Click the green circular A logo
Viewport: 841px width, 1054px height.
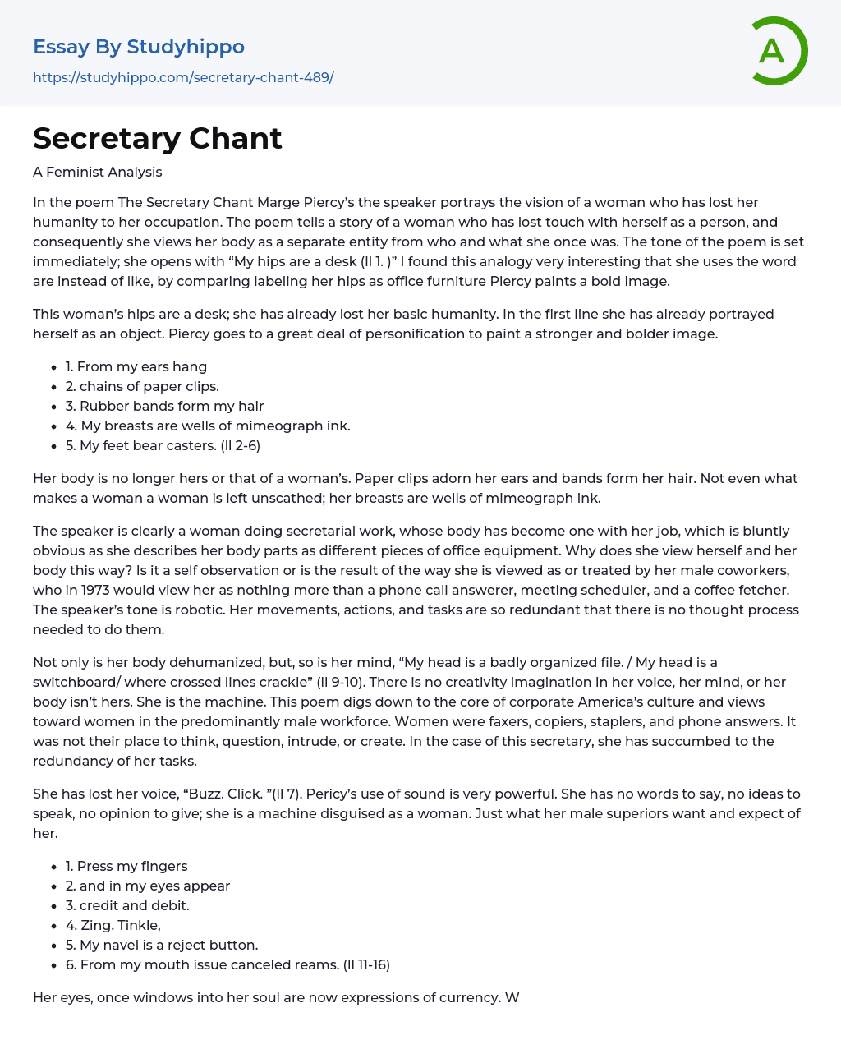779,51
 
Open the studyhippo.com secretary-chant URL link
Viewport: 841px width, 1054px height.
183,78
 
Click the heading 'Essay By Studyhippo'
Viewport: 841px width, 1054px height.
139,47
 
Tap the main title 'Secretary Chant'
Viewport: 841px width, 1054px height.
158,138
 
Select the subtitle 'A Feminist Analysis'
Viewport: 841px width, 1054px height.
97,172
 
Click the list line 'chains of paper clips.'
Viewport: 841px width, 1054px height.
149,386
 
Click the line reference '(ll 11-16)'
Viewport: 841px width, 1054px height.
366,964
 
